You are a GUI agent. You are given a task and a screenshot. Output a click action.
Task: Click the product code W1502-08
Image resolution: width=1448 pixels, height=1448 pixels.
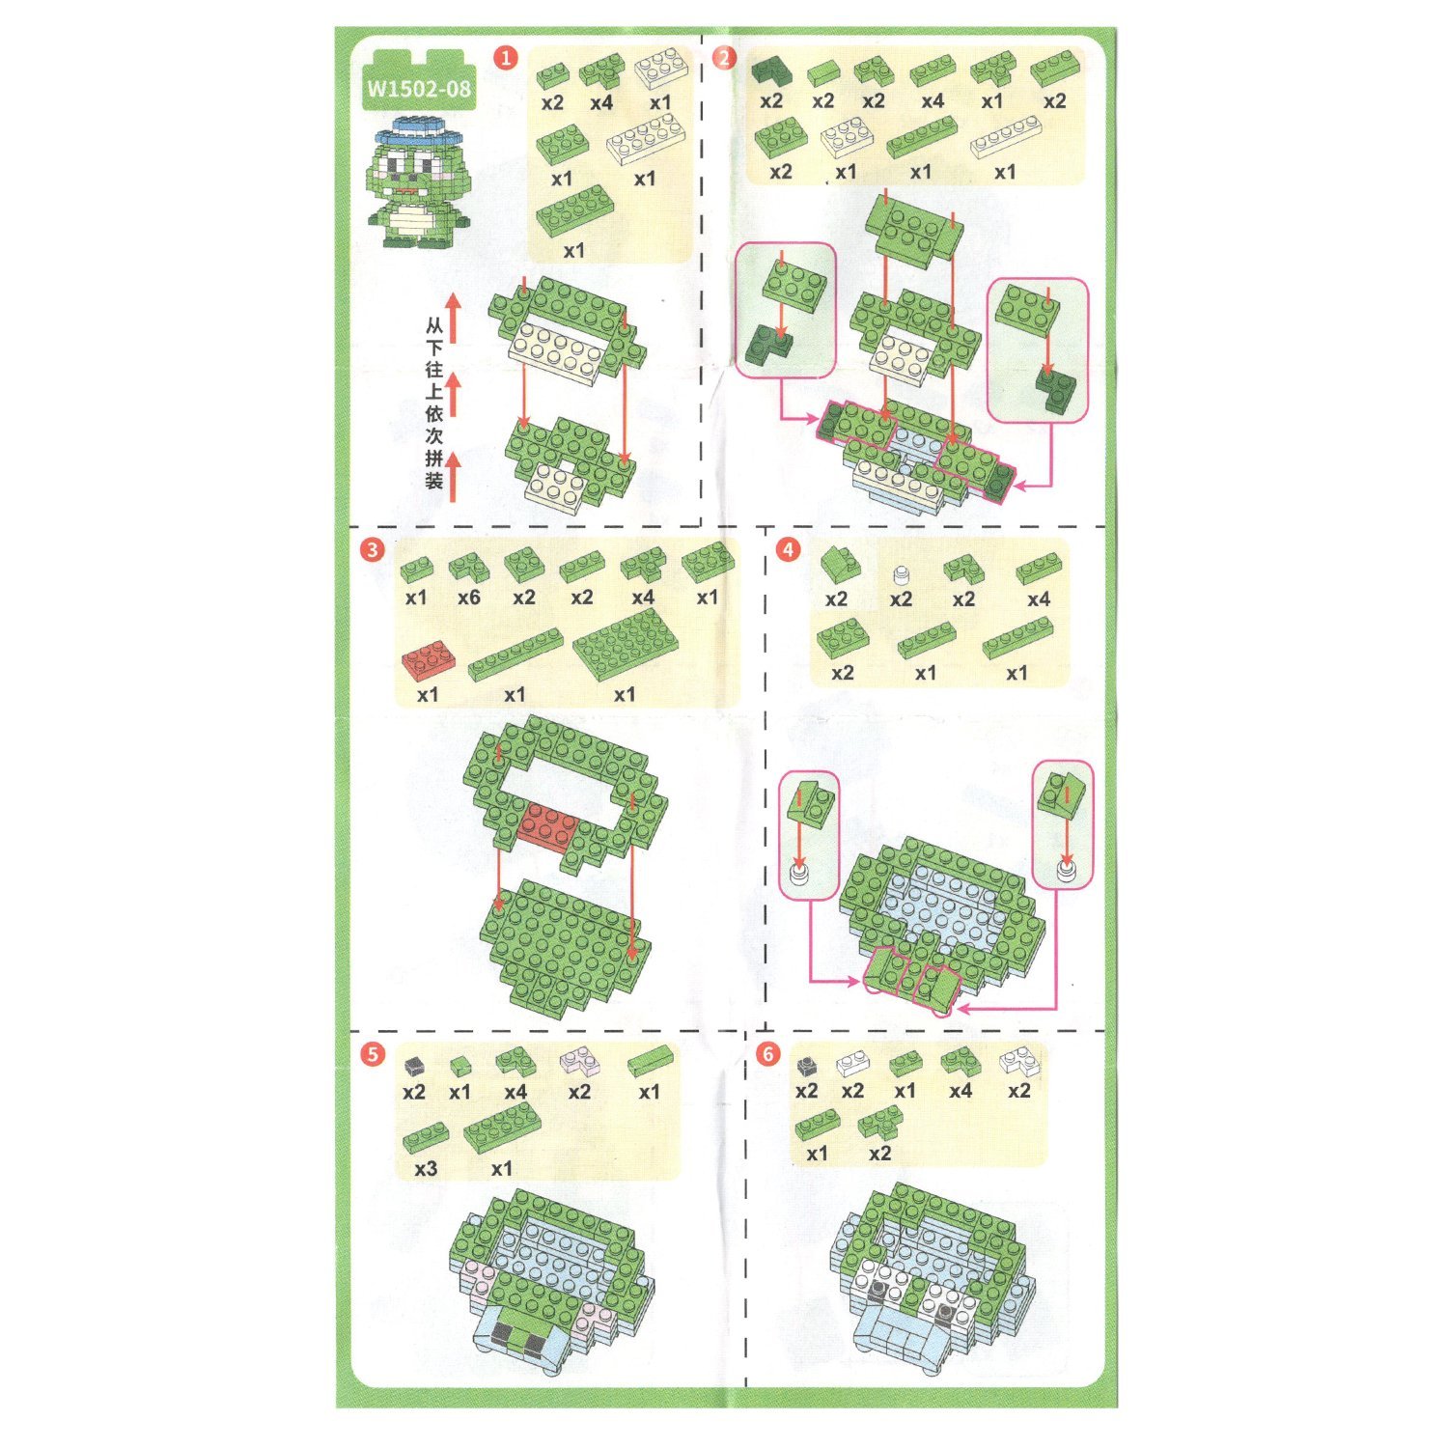[x=419, y=89]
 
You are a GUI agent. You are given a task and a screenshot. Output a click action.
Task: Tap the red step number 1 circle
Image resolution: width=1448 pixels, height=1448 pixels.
[x=506, y=58]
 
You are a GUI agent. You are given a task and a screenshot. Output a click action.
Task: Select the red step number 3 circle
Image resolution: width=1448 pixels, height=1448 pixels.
[x=372, y=550]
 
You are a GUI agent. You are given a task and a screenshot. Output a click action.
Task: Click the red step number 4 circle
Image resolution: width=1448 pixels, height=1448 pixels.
[x=789, y=550]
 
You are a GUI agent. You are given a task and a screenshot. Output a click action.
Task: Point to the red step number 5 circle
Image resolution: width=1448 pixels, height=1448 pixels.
[x=373, y=1053]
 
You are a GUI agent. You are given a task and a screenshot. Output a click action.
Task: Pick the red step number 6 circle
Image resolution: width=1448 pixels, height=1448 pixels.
[x=767, y=1053]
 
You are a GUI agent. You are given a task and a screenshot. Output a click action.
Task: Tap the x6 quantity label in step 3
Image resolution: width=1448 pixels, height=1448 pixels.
[x=469, y=598]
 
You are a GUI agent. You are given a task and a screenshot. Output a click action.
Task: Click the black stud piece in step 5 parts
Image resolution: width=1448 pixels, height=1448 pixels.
[x=414, y=1065]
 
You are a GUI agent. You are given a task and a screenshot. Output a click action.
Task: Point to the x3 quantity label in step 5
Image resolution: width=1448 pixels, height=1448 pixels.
[x=426, y=1168]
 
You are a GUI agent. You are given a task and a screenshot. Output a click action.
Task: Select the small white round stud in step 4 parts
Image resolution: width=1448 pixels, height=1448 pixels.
[x=901, y=574]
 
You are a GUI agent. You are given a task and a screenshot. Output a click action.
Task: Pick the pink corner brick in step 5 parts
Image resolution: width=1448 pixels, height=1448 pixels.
[x=579, y=1062]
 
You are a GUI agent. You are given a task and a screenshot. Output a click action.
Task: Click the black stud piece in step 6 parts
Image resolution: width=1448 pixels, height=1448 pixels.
[x=807, y=1065]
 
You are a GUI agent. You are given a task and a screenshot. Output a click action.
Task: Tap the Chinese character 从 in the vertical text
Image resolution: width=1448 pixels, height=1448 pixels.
[x=434, y=326]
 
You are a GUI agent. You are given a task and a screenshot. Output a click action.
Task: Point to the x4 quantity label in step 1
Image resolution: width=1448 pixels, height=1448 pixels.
[x=601, y=102]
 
